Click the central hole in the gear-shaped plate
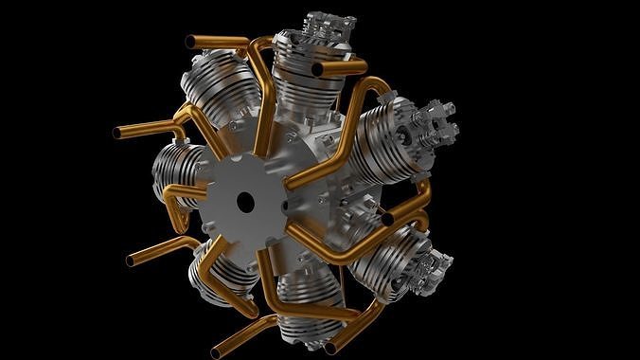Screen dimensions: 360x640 pos(245,201)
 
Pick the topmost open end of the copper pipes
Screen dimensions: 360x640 pos(191,41)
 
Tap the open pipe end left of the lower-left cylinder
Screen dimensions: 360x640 pos(132,259)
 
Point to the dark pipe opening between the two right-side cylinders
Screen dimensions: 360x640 pos(387,219)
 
